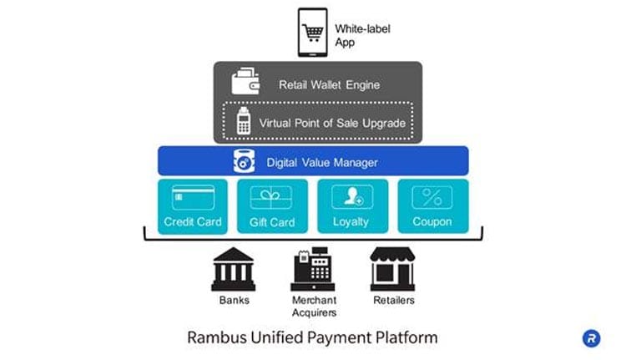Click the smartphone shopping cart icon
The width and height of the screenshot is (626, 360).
click(x=313, y=33)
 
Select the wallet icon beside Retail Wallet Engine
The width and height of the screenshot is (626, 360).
click(x=248, y=84)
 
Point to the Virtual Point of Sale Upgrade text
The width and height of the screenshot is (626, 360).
click(x=331, y=123)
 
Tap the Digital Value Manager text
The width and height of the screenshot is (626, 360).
click(x=321, y=162)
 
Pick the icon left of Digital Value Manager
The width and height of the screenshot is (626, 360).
click(x=244, y=161)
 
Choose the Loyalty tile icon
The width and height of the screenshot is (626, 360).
click(x=351, y=198)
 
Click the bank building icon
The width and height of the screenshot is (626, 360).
click(x=234, y=269)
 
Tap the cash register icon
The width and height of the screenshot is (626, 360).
click(x=313, y=269)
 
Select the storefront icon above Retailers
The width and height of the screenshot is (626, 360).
click(x=392, y=269)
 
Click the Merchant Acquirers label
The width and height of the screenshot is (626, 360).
click(x=313, y=306)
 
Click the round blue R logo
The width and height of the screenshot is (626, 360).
click(x=591, y=338)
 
